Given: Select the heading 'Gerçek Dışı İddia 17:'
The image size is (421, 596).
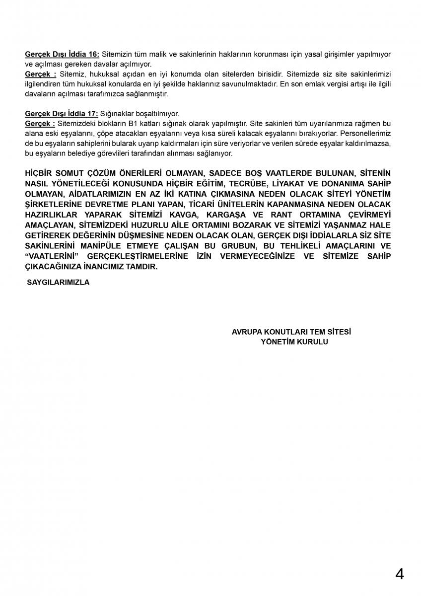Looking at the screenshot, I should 62,114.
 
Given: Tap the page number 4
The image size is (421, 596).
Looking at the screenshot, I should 399,574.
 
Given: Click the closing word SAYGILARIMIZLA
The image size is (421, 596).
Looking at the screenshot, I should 58,282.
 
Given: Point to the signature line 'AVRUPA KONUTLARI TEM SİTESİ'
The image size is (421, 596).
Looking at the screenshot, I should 291,332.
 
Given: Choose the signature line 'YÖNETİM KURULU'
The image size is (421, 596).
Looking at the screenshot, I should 294,342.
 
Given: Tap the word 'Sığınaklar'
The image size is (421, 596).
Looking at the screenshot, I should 116,114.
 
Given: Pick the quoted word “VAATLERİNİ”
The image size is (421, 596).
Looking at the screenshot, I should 52,256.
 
